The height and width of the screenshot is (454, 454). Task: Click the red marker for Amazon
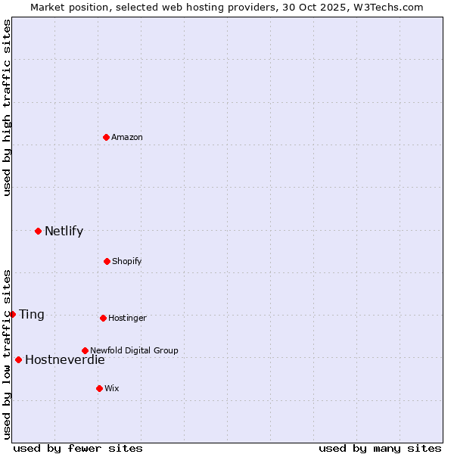coord(107,137)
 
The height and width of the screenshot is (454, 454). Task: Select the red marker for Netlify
coord(38,231)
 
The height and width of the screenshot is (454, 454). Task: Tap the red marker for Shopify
coord(107,261)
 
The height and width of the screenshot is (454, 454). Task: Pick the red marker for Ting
coord(12,314)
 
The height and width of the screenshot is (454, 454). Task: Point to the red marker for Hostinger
coord(103,318)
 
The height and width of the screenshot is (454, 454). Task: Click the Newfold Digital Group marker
coord(85,350)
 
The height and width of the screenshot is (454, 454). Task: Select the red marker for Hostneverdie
coord(18,359)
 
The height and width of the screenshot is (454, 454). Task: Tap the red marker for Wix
coord(99,388)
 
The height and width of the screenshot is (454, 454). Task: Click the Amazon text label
coord(127,137)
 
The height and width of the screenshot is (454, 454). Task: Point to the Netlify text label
coord(64,231)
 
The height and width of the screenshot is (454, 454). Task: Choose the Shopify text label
coord(127,261)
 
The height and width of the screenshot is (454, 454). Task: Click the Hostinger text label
coord(127,318)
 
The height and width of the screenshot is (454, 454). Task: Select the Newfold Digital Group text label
coord(134,350)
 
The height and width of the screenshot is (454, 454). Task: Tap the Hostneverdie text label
coord(65,359)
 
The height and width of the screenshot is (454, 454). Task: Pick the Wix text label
coord(112,388)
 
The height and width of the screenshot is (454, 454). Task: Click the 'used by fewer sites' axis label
coord(78,448)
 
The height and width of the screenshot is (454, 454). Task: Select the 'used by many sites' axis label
coord(380,448)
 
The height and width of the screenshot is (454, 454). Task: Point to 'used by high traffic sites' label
coord(7,107)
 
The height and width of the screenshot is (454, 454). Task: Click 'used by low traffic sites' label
coord(7,353)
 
